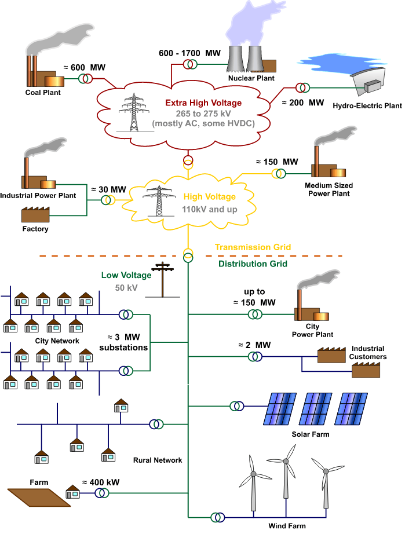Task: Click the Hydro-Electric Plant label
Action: point(367,106)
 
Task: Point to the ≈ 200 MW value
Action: point(302,103)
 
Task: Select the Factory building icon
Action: point(36,215)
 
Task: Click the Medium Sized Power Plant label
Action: point(329,189)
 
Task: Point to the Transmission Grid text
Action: point(253,247)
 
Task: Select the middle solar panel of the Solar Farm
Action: point(317,409)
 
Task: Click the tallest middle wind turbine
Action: point(286,481)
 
